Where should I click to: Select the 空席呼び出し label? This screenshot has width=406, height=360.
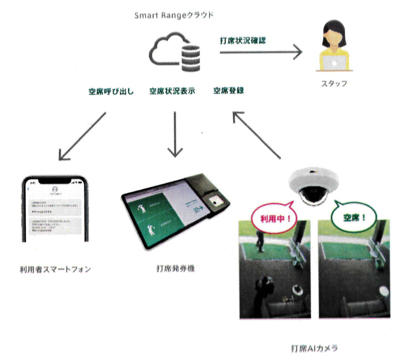[111, 91]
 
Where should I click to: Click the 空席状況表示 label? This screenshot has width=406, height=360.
[172, 91]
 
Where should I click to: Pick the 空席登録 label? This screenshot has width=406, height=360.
[228, 91]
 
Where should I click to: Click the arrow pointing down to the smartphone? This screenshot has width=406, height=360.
[82, 136]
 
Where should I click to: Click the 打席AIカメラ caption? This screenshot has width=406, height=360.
[314, 348]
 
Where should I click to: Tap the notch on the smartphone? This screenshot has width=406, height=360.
[55, 181]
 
